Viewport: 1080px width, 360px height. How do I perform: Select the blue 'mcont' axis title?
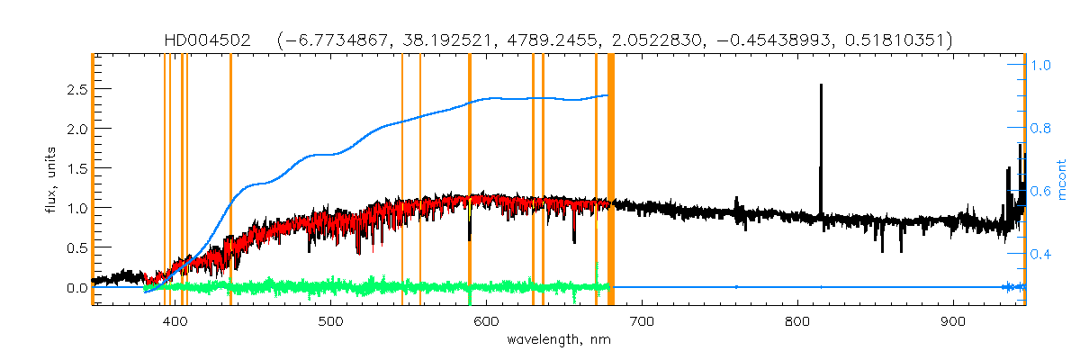click(1062, 180)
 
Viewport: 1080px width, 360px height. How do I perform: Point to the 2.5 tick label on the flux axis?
click(74, 89)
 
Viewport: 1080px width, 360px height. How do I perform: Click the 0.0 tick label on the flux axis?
click(74, 288)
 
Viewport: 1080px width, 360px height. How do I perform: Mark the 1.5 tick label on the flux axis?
click(74, 168)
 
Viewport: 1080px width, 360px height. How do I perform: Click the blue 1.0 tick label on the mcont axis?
click(1042, 66)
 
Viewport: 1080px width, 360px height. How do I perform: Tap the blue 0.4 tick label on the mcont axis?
click(1042, 255)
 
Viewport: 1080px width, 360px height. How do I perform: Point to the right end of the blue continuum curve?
click(608, 94)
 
